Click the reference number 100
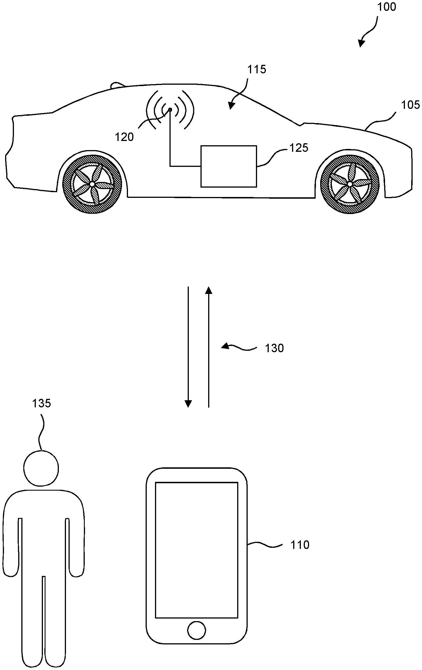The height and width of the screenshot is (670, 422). (386, 7)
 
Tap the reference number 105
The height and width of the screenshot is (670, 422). (410, 105)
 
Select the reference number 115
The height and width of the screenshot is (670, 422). (256, 69)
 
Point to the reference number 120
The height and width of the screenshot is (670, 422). (124, 137)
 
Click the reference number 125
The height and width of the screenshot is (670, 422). (299, 148)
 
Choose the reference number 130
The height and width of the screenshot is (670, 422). (274, 348)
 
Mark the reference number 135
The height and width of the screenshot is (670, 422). (42, 403)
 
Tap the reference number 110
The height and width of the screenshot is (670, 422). (300, 545)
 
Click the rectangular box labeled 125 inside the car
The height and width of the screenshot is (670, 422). (229, 166)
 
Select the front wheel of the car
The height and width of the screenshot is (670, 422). (350, 184)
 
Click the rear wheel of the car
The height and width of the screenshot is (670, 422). (92, 184)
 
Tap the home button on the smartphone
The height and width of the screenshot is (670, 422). (196, 630)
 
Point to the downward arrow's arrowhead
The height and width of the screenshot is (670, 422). (188, 404)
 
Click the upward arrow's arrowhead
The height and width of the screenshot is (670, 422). (209, 290)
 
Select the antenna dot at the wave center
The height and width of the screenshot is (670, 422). (170, 109)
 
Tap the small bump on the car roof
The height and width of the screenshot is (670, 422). (117, 85)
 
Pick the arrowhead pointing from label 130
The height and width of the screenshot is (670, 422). (225, 346)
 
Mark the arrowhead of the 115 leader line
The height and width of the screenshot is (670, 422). (231, 106)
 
